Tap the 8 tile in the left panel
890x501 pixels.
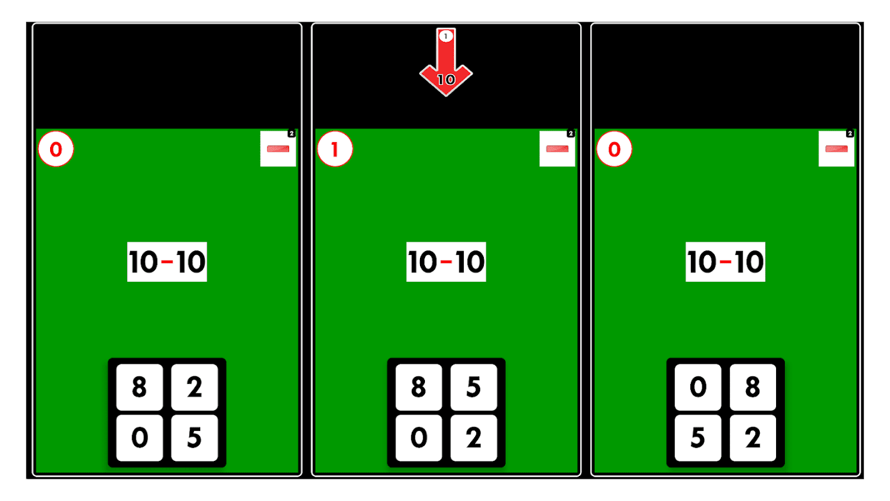pos(139,388)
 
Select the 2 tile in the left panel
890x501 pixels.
pos(194,388)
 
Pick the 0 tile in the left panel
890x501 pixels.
pos(139,438)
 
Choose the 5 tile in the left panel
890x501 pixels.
pos(194,438)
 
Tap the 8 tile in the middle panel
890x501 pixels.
pos(418,388)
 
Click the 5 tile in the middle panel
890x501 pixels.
pos(474,388)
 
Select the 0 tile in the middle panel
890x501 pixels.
pos(418,438)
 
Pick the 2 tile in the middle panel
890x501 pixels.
pos(474,438)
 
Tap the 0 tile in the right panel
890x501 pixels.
pos(697,388)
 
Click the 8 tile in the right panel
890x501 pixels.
pos(753,388)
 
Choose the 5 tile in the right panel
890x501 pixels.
pos(697,438)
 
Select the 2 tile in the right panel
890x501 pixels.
pos(753,438)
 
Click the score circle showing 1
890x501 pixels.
pos(335,150)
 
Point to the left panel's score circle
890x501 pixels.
pos(56,150)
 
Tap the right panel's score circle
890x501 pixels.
pos(614,150)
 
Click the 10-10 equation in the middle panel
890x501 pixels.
pos(446,262)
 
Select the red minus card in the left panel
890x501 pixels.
pos(278,148)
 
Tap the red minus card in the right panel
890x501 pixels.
pos(836,148)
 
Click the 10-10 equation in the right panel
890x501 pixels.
pos(725,262)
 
